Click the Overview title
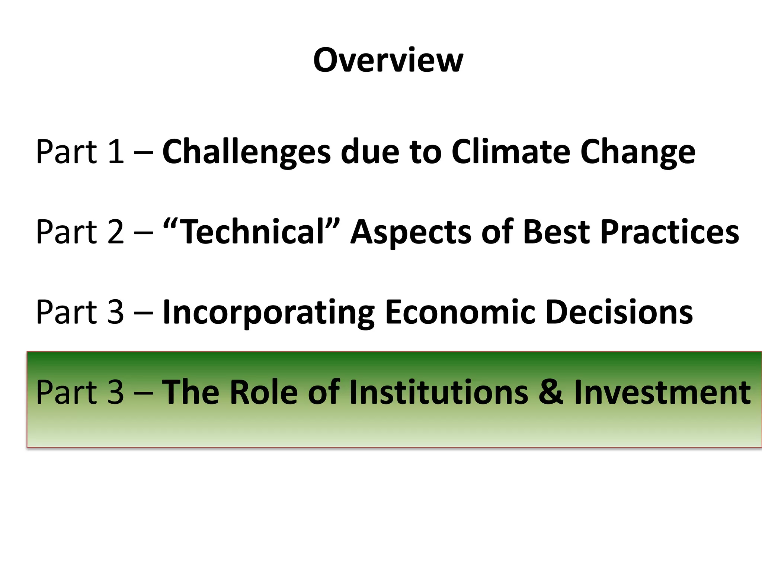(x=388, y=60)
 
